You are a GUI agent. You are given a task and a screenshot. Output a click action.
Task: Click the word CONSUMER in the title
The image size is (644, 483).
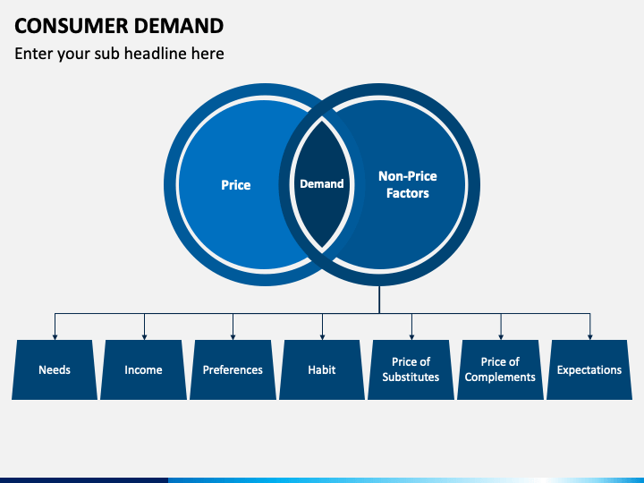[72, 26]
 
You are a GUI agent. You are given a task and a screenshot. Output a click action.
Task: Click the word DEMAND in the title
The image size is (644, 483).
[179, 26]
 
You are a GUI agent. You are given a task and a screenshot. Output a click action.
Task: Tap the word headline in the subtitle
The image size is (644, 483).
[156, 54]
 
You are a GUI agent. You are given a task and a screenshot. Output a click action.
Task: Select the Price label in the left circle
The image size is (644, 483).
[236, 185]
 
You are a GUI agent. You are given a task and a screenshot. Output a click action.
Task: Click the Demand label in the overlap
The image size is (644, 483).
[322, 183]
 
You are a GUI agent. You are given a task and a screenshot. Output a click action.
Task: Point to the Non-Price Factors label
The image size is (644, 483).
[408, 184]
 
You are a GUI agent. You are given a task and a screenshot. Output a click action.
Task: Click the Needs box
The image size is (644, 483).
[55, 369]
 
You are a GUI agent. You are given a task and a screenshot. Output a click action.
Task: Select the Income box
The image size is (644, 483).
[144, 369]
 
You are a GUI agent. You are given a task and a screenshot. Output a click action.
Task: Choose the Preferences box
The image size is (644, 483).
[233, 369]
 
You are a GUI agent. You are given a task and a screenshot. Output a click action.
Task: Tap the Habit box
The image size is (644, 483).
[322, 369]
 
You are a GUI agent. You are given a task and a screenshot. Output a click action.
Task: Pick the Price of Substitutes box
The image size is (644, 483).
[411, 369]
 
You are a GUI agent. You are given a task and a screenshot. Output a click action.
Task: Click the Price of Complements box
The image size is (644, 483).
[500, 369]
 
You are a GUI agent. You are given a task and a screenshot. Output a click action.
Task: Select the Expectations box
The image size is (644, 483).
[589, 369]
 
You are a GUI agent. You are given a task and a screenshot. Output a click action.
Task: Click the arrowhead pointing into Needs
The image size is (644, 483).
[55, 337]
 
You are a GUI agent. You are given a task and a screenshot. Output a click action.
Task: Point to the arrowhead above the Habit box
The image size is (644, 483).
[322, 337]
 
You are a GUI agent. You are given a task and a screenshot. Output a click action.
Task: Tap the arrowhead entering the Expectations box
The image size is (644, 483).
[590, 337]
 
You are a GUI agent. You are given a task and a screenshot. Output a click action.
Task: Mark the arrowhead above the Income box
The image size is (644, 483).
[144, 337]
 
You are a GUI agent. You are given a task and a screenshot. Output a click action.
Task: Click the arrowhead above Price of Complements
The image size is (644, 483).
[501, 337]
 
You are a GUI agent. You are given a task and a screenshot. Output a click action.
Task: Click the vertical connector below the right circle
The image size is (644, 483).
[379, 300]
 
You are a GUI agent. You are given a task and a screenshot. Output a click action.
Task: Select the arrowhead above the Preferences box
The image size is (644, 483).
[233, 337]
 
